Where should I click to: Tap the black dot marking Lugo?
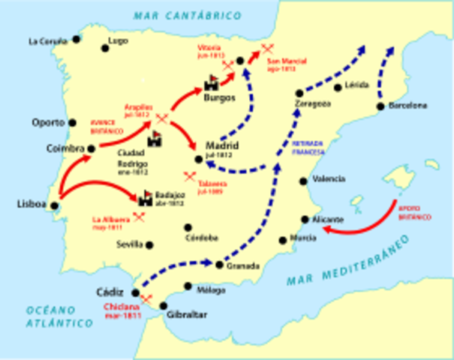pos(106,48)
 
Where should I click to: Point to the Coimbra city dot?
pos(91,148)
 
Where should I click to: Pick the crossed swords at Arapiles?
pos(161,119)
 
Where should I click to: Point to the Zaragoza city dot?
pos(299,92)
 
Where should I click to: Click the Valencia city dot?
pos(302,181)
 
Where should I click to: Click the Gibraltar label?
pos(186,315)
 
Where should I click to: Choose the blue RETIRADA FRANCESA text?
pos(307,146)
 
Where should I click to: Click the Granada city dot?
pos(218,265)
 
